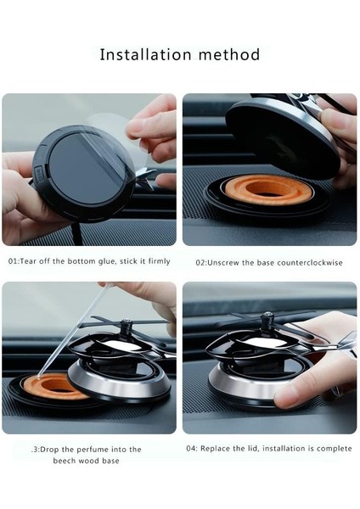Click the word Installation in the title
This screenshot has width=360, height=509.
145,54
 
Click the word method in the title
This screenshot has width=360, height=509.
229,54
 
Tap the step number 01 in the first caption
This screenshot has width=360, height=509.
13,261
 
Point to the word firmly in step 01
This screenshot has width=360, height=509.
159,261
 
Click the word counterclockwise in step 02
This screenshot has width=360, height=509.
309,263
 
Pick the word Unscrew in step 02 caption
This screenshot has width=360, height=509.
222,263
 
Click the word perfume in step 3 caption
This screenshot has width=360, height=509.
93,450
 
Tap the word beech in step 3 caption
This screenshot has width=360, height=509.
62,461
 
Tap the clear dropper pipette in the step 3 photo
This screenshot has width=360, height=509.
72,332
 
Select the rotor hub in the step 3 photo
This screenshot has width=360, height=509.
126,327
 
